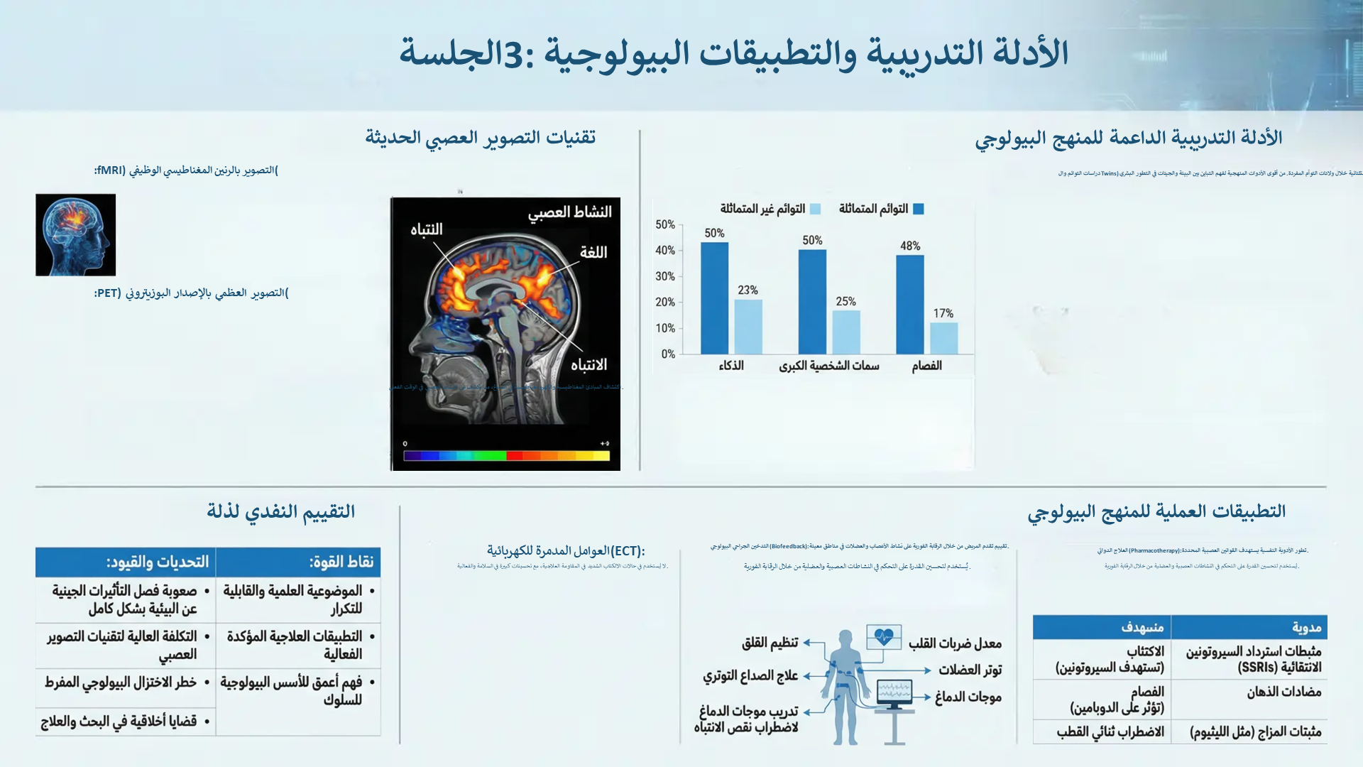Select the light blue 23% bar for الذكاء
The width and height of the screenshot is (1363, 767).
click(x=748, y=327)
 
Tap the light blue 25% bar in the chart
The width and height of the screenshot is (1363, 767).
click(x=845, y=332)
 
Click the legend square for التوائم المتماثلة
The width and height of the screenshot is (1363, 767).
click(x=918, y=209)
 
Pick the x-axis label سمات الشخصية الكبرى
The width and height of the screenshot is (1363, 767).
click(x=828, y=366)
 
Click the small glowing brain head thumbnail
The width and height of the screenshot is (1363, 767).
click(x=75, y=235)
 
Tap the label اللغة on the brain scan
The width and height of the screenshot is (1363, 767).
click(x=593, y=253)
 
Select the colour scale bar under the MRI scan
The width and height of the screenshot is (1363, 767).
click(x=506, y=456)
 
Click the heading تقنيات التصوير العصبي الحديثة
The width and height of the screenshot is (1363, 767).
click(x=480, y=137)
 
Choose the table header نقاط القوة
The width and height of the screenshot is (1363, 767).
click(x=341, y=562)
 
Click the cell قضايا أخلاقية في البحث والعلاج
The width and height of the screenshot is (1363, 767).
click(x=119, y=722)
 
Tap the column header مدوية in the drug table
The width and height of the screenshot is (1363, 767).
click(x=1306, y=627)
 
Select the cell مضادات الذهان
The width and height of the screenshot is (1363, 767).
click(x=1283, y=692)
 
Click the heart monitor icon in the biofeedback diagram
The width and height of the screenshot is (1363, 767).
click(x=884, y=637)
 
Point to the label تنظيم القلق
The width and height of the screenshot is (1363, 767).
click(x=770, y=643)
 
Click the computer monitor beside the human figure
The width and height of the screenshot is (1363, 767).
click(x=894, y=692)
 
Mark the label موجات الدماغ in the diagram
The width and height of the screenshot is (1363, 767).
click(x=968, y=697)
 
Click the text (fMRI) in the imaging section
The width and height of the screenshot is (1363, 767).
click(x=110, y=170)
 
